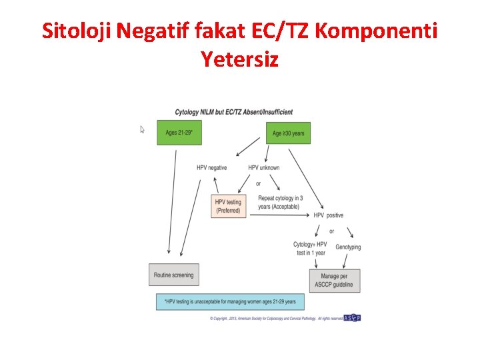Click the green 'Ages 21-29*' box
(179, 133)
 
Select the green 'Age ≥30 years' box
(288, 133)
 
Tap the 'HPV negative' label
(211, 167)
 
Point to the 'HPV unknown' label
(263, 167)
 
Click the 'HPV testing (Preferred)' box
(227, 206)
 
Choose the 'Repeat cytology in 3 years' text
(280, 202)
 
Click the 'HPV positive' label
(329, 215)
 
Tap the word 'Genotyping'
(348, 247)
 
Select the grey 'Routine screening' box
(173, 275)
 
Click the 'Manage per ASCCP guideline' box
(335, 281)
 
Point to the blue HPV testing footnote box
(229, 302)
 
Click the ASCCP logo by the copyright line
(352, 318)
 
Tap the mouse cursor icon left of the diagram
(142, 129)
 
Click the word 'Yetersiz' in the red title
(239, 59)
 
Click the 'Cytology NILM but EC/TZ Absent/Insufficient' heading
(233, 111)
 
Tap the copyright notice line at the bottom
(276, 319)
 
